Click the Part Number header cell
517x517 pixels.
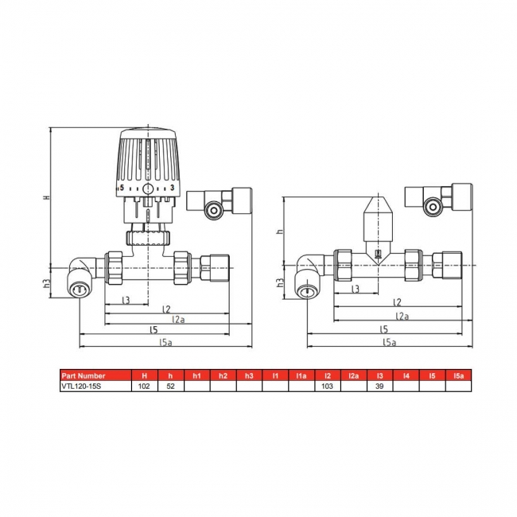[84, 375]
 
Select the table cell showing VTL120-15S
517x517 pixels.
[84, 386]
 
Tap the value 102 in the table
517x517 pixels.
[144, 386]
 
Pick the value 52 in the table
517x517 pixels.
[170, 386]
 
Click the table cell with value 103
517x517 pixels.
[327, 386]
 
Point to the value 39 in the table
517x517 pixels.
[379, 386]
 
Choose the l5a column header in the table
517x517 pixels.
[457, 375]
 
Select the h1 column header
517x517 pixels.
[196, 375]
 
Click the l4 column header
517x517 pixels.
[406, 375]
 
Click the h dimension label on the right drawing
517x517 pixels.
[280, 231]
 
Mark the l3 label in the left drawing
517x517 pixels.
[126, 300]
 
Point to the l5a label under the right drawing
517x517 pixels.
[389, 342]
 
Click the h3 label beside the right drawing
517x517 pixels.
[280, 282]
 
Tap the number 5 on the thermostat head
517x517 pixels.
[122, 188]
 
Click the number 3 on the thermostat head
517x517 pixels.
[173, 188]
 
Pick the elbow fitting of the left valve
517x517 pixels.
[80, 278]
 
